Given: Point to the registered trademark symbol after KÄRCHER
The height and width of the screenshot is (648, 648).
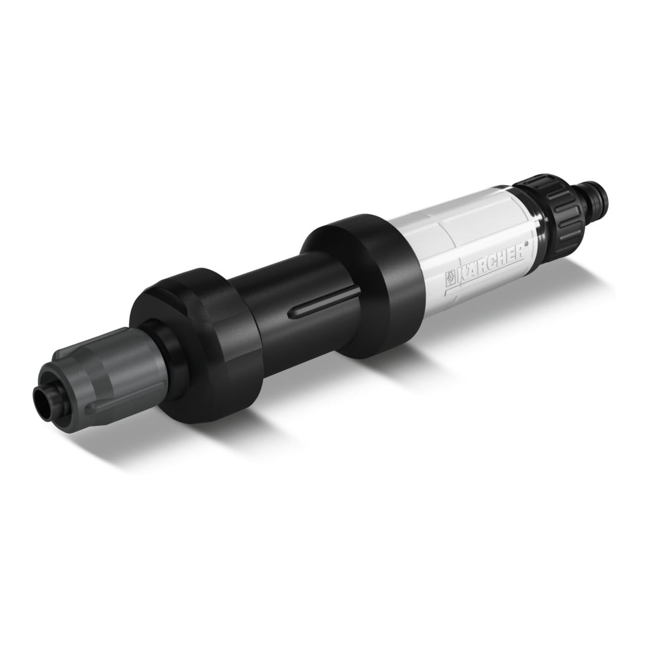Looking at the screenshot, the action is [527, 244].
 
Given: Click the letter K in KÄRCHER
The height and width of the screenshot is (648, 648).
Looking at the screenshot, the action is [462, 276].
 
